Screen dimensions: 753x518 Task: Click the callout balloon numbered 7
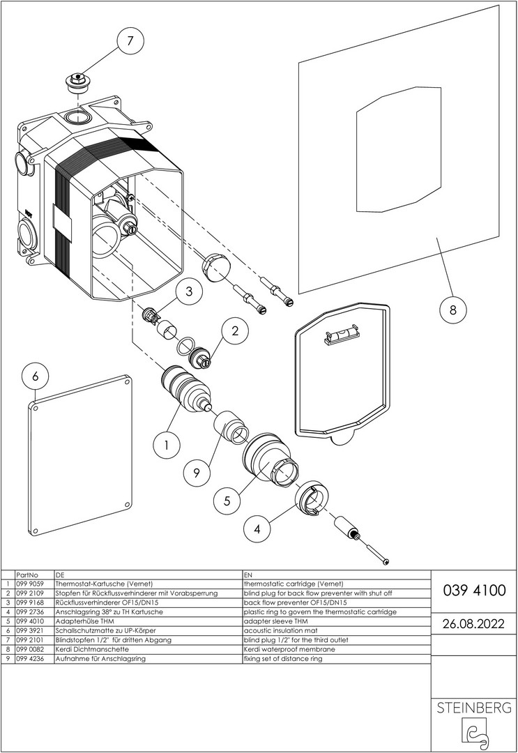(130, 41)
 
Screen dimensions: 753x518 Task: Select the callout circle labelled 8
(452, 310)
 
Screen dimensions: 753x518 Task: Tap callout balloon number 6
(36, 376)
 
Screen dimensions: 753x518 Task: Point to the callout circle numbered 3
(189, 293)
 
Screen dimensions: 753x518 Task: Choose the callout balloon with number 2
(236, 331)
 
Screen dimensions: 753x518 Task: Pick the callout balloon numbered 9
(197, 473)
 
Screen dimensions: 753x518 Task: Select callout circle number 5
(227, 499)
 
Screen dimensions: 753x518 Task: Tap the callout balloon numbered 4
(258, 529)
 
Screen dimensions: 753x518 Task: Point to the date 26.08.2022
(474, 623)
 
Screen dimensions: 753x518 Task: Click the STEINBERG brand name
(474, 708)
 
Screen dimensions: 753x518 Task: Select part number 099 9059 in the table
(29, 584)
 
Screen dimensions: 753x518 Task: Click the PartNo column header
(26, 575)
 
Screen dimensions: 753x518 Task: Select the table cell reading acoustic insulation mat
(279, 630)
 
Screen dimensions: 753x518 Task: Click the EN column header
(249, 575)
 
